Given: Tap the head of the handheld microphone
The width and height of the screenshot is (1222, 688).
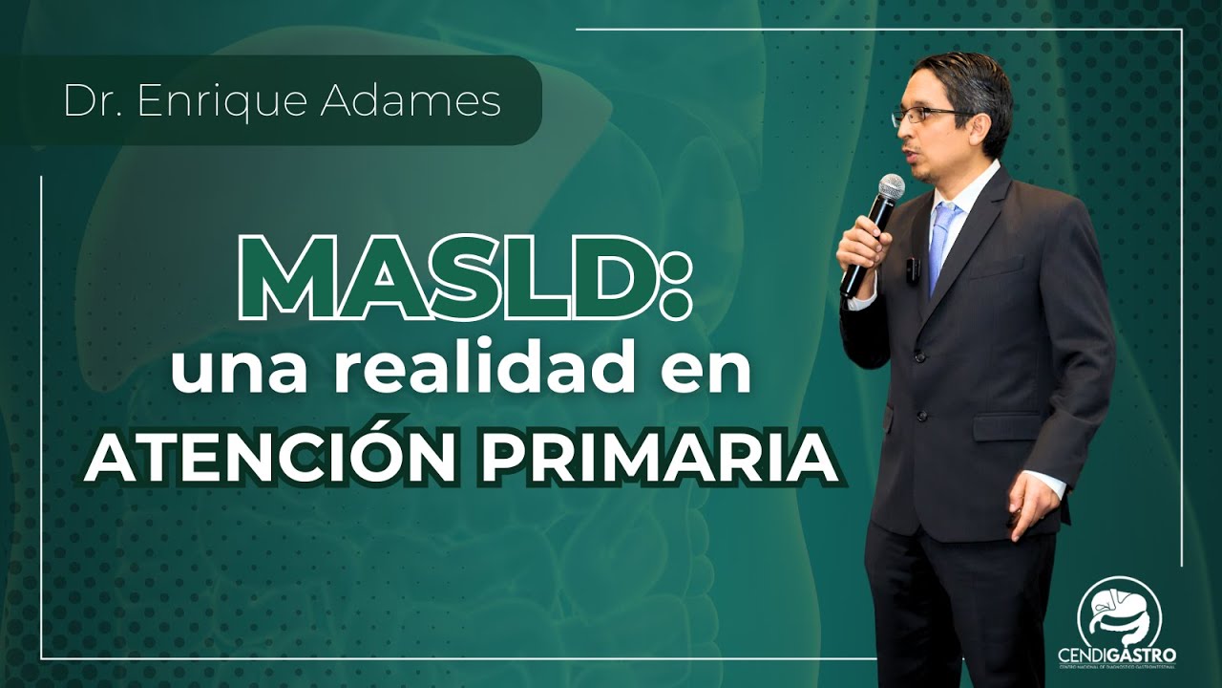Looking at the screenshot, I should (891, 187).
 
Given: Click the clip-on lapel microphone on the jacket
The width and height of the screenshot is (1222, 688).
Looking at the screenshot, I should (912, 269).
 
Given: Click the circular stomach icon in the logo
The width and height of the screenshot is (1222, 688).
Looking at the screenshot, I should (1119, 612).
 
